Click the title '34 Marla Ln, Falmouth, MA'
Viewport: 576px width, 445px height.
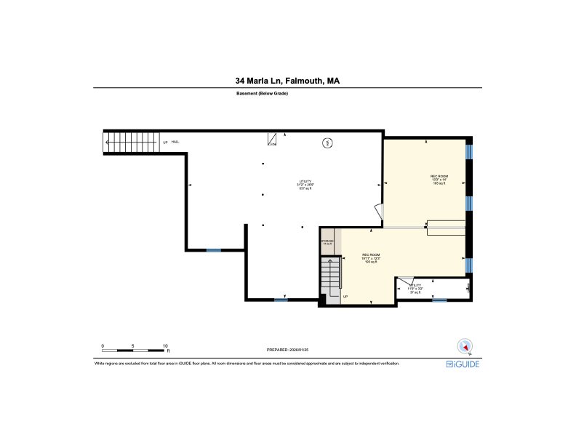287,81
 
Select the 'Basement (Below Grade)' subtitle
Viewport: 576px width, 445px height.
263,94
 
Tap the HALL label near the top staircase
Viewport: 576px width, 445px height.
176,143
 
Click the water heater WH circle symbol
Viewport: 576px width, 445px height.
327,143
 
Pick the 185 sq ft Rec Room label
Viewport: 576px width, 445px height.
439,180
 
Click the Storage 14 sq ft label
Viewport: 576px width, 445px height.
328,242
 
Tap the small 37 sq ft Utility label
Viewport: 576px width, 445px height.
415,289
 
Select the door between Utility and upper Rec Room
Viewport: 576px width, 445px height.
379,212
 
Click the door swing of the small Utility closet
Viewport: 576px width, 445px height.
407,281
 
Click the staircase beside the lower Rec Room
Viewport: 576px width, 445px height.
331,277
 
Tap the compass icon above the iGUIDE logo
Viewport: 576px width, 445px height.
463,347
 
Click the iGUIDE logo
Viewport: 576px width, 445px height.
463,364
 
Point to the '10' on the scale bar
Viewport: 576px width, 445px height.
166,346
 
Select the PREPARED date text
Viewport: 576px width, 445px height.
289,349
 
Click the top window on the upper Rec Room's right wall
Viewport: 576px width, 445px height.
470,151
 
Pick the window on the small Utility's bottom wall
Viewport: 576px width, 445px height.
439,300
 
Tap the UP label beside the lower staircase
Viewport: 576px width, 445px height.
345,297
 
